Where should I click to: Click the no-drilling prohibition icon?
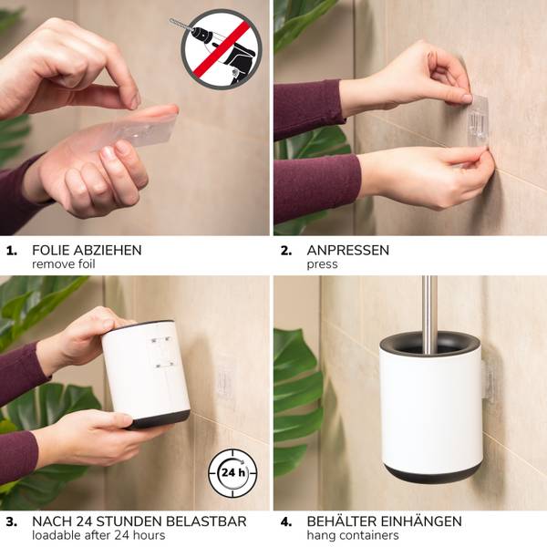point(222,49)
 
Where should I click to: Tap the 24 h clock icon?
point(232,473)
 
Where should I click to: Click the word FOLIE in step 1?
point(51,250)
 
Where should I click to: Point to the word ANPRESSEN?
point(348,250)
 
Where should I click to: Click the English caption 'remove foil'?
point(64,264)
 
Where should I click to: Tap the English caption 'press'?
point(322,264)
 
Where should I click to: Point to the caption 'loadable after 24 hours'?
point(98,535)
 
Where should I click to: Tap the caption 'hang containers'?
point(353,535)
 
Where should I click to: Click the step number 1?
point(12,251)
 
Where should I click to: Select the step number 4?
point(286,521)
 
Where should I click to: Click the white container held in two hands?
point(146,375)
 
